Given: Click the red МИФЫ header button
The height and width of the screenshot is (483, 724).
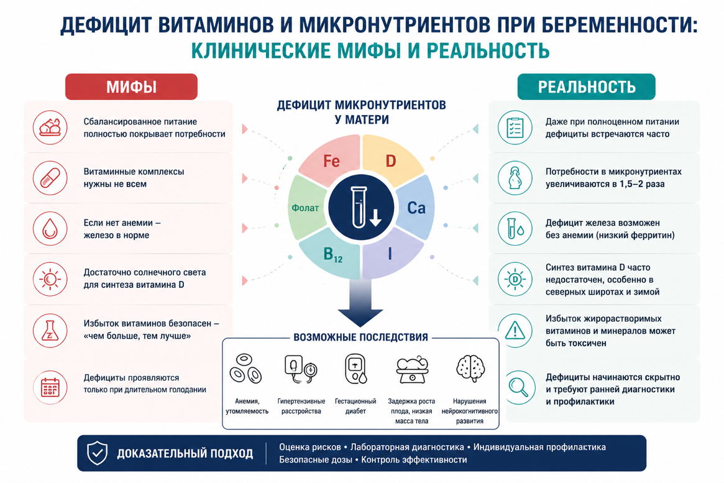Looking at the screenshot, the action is click(x=131, y=87).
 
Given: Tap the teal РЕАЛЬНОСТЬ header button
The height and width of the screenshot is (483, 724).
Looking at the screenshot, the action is click(x=586, y=87).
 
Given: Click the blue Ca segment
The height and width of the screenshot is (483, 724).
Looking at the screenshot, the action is click(x=416, y=208).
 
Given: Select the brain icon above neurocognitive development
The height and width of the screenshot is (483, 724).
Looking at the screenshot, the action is click(x=470, y=368).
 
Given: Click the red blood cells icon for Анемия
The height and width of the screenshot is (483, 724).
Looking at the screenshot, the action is click(x=245, y=369).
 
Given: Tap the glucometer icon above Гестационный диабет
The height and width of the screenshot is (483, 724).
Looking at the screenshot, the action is click(x=355, y=369).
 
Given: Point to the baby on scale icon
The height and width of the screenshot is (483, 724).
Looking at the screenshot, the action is click(x=412, y=369).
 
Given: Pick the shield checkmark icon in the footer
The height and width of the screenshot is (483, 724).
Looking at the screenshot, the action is click(x=98, y=453).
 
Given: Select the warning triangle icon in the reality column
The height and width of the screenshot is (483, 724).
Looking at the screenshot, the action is click(x=515, y=331).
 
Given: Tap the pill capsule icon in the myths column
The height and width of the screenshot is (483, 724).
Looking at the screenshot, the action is click(x=50, y=178).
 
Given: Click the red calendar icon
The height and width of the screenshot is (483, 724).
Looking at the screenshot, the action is click(x=50, y=387).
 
